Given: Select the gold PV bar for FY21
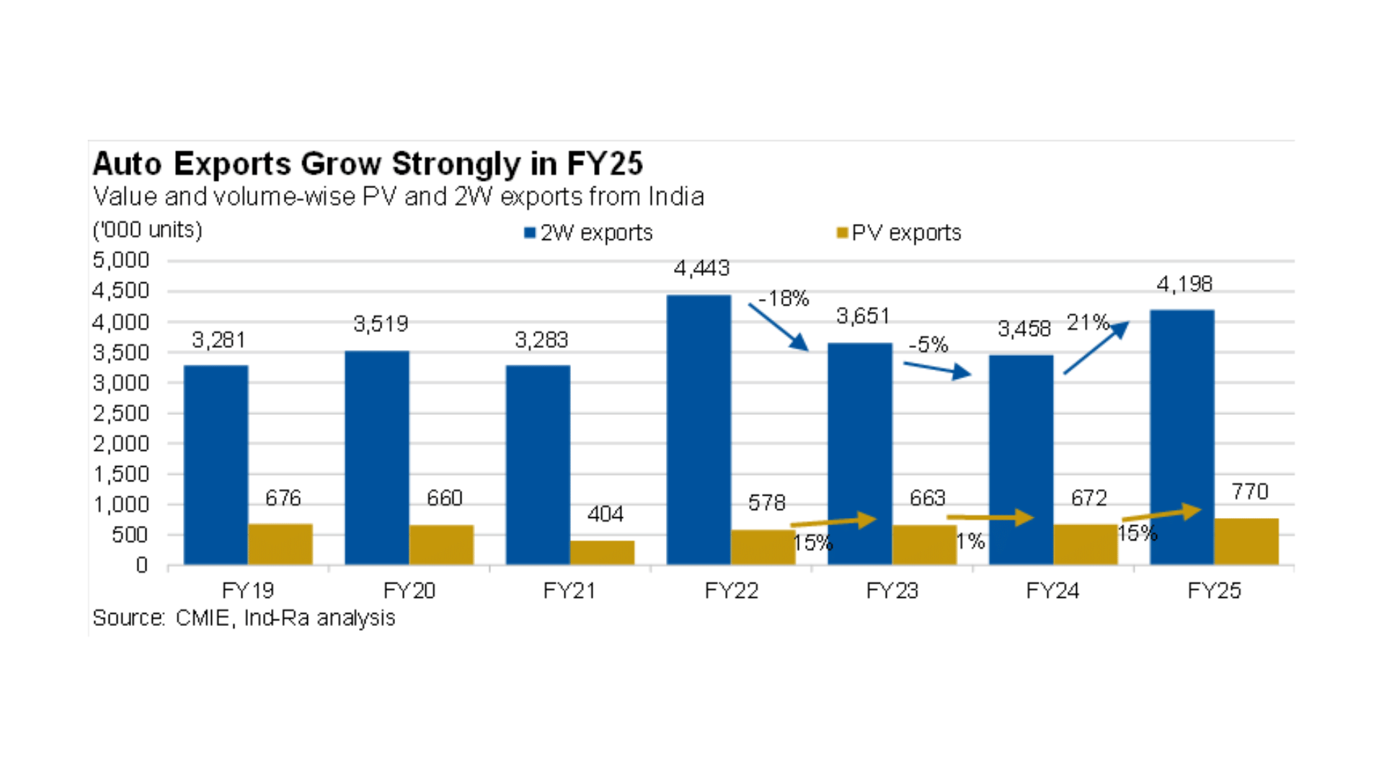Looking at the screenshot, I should (x=602, y=553).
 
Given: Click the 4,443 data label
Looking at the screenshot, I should (x=701, y=269).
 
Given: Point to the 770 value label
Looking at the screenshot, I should (x=1249, y=491).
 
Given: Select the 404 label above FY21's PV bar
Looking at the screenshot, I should (x=605, y=514).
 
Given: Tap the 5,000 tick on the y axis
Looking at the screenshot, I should (x=120, y=260).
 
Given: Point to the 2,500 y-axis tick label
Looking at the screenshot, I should (x=120, y=413).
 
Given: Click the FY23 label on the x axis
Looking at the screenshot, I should (x=892, y=591).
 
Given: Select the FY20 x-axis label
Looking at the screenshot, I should (x=409, y=591).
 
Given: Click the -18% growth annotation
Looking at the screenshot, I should (x=784, y=298).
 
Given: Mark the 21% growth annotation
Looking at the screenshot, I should (x=1087, y=322).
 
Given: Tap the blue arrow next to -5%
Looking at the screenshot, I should (x=937, y=370).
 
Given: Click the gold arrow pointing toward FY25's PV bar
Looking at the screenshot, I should (x=1161, y=514).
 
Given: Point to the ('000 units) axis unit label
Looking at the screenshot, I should (x=147, y=230).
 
